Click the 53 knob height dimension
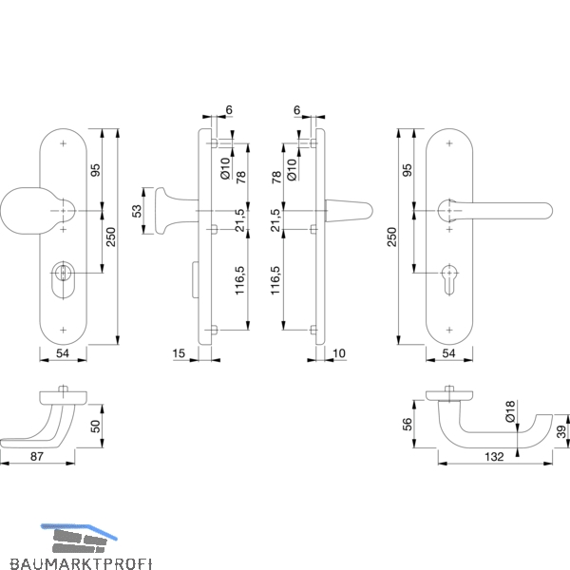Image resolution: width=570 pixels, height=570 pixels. [137, 211]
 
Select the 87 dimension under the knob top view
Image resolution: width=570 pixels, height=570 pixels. [37, 456]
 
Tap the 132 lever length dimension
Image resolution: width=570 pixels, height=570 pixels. [494, 457]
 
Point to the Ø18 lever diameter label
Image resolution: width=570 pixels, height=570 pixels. [510, 411]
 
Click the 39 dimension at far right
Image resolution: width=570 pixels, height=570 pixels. [561, 431]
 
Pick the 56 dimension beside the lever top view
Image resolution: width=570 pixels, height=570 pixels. [408, 425]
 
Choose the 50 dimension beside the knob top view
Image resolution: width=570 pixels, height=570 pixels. [95, 426]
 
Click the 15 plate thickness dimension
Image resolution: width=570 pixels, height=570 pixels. [179, 353]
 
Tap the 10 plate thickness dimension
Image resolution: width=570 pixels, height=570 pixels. [339, 353]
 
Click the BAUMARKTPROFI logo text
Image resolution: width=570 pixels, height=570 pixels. [81, 563]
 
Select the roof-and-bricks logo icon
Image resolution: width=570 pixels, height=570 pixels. [79, 539]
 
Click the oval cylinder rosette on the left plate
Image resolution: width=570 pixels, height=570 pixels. [64, 280]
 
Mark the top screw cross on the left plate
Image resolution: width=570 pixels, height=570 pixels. [64, 143]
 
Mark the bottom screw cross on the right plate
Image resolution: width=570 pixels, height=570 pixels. [449, 330]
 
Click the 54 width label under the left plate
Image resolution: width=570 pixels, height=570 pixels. [63, 353]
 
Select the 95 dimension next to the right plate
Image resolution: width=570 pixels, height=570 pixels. [408, 170]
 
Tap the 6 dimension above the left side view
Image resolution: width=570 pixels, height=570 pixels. [229, 109]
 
